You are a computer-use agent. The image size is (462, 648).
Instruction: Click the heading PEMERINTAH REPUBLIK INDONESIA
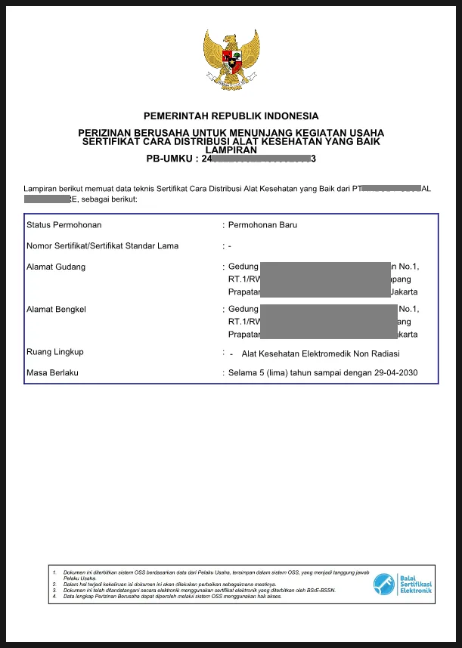pyautogui.click(x=231, y=116)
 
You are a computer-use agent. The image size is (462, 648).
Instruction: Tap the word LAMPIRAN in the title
pyautogui.click(x=231, y=150)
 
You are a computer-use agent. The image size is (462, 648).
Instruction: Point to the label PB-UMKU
pyautogui.click(x=172, y=159)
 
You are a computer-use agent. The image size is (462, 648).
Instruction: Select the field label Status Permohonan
pyautogui.click(x=64, y=225)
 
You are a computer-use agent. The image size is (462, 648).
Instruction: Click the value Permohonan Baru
pyautogui.click(x=262, y=225)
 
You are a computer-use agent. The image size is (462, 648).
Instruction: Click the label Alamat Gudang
pyautogui.click(x=56, y=267)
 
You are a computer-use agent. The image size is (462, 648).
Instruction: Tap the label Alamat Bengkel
pyautogui.click(x=57, y=310)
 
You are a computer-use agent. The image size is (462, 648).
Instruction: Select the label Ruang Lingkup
pyautogui.click(x=55, y=352)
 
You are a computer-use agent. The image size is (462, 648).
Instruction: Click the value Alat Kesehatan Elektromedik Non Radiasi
pyautogui.click(x=321, y=353)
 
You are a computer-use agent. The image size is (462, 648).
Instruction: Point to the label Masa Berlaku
pyautogui.click(x=53, y=373)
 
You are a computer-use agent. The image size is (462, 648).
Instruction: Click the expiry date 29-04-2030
pyautogui.click(x=394, y=373)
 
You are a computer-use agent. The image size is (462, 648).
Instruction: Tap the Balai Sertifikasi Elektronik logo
pyautogui.click(x=402, y=583)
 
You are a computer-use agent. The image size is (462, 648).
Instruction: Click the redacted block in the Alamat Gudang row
pyautogui.click(x=328, y=279)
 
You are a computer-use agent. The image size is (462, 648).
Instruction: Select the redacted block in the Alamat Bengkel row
pyautogui.click(x=328, y=322)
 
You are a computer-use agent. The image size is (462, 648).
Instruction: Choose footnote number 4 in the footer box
pyautogui.click(x=54, y=597)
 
